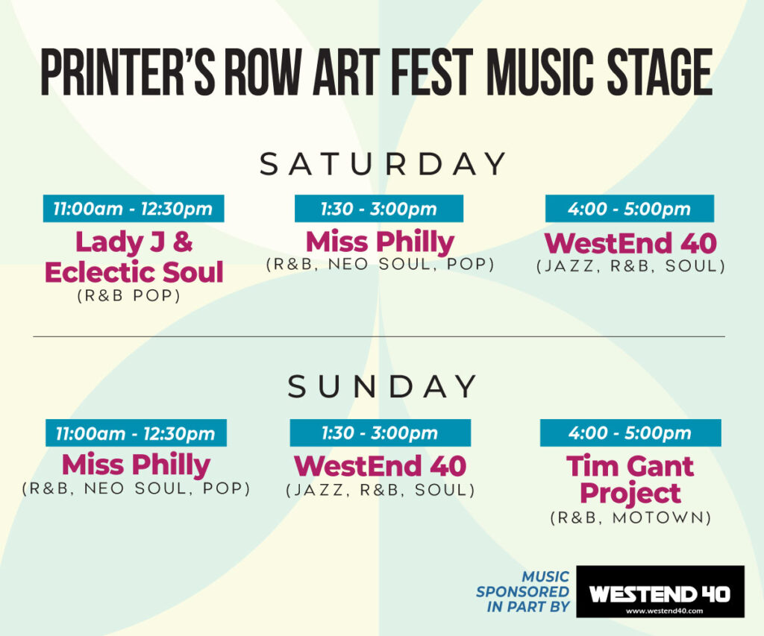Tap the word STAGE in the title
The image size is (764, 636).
[660, 72]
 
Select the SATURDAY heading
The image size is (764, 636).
[383, 163]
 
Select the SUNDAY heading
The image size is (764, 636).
[383, 387]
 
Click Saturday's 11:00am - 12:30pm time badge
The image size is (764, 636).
[134, 209]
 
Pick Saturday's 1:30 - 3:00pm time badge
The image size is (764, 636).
[379, 209]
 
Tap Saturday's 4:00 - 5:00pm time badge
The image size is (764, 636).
[630, 209]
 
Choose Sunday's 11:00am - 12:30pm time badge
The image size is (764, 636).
[136, 432]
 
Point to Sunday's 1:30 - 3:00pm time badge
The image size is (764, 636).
[380, 432]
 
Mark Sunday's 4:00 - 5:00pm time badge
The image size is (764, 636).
[630, 432]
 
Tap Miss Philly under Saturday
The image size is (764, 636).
[380, 242]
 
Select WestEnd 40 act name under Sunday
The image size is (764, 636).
[381, 465]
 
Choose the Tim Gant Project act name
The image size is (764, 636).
[630, 479]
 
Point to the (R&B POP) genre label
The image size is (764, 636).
[129, 295]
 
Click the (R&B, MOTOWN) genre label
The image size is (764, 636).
[630, 517]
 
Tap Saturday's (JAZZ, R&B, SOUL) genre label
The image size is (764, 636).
[631, 266]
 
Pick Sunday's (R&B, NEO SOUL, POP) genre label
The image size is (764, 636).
[136, 488]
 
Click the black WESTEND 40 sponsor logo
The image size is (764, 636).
[660, 591]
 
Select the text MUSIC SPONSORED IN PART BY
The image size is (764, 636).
[523, 592]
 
